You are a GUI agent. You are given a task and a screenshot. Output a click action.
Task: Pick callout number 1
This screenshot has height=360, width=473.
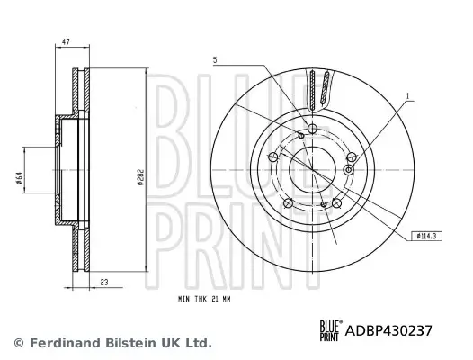(406, 94)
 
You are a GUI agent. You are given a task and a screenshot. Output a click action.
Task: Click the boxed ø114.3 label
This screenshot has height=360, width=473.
(428, 236)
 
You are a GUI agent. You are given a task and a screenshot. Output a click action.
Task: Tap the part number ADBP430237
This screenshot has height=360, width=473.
(396, 330)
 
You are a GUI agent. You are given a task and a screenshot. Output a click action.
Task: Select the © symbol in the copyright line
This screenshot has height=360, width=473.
(18, 343)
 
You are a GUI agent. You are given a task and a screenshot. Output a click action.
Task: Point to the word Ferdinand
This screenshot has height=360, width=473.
(58, 343)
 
